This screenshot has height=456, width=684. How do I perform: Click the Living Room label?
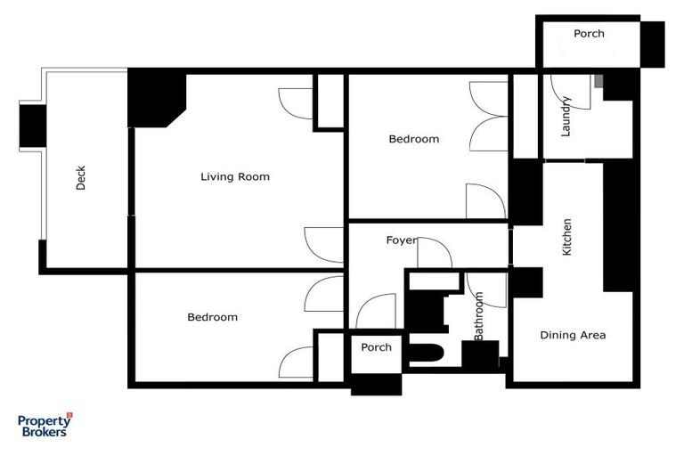[x=234, y=176]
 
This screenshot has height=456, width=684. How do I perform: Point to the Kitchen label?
[x=567, y=237]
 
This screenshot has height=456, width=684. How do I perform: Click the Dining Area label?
[x=573, y=335]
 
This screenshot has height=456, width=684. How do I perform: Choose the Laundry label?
[x=566, y=116]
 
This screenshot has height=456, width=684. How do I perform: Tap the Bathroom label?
[x=479, y=316]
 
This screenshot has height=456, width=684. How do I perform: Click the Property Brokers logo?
[x=45, y=425]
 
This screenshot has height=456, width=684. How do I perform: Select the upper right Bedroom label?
[x=414, y=139]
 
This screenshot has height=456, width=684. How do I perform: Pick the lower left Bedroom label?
[x=212, y=317]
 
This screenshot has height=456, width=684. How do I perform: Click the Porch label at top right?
[x=589, y=34]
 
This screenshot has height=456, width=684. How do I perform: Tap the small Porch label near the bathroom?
[x=376, y=347]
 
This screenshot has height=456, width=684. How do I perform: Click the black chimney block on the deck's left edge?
[x=32, y=125]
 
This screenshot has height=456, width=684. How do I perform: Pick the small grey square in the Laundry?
[x=598, y=82]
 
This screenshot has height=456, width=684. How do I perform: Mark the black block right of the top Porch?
[x=653, y=44]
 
